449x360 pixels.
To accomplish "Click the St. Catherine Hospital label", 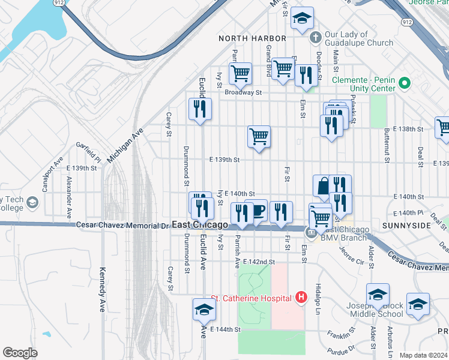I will (x=251, y=298).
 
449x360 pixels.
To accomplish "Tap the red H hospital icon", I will (x=301, y=298).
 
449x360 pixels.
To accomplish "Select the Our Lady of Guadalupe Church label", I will (x=358, y=38).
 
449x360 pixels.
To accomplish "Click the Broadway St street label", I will (x=244, y=92).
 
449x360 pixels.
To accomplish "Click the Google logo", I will (x=20, y=353).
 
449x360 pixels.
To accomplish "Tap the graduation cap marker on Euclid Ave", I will (x=204, y=310).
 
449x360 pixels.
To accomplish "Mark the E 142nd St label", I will (x=259, y=262).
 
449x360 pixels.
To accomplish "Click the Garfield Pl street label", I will (x=88, y=152).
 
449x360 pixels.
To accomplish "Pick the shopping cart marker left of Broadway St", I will (x=241, y=74).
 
